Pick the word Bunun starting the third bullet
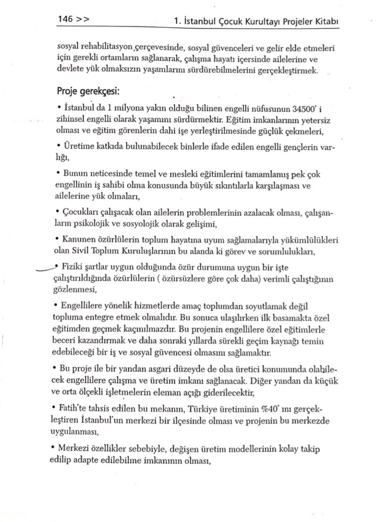(75, 173)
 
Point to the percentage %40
(268, 409)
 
